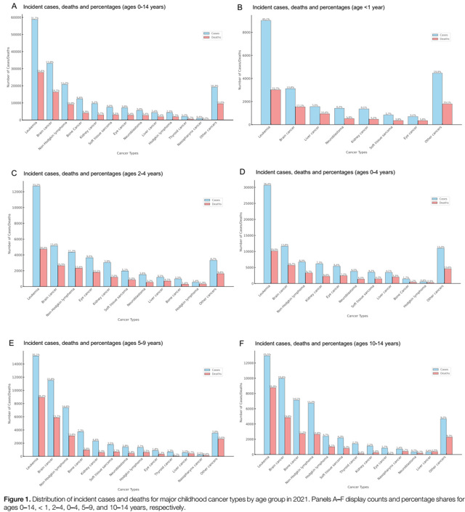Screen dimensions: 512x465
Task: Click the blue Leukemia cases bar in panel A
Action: [35, 69]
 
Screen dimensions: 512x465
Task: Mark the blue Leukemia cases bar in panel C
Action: [36, 237]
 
